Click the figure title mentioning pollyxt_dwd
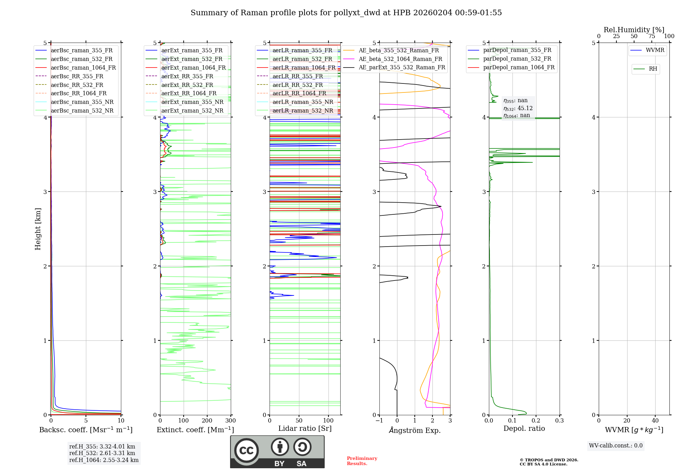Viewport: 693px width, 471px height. coord(346,13)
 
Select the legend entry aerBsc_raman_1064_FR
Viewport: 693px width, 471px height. coord(83,68)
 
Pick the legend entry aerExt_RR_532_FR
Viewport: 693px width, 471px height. coord(187,85)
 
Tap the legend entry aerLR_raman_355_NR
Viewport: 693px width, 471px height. coord(302,102)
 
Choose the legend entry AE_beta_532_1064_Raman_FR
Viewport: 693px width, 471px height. coord(400,59)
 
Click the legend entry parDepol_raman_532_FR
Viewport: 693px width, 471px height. coord(517,59)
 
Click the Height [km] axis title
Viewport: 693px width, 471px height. coord(38,229)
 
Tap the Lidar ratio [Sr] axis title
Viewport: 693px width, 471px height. coord(305,428)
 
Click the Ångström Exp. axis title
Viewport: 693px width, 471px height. coord(414,430)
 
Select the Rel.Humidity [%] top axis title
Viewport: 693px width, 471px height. coord(634,30)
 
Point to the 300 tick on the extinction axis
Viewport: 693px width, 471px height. coord(230,420)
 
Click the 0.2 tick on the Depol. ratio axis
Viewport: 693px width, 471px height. coord(536,420)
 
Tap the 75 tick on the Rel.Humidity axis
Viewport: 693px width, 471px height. coord(651,36)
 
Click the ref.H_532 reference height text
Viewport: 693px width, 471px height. coord(102,453)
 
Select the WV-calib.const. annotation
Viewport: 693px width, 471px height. coord(615,446)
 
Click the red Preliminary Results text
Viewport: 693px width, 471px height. coord(362,461)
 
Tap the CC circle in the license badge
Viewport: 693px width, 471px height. coord(246,451)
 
